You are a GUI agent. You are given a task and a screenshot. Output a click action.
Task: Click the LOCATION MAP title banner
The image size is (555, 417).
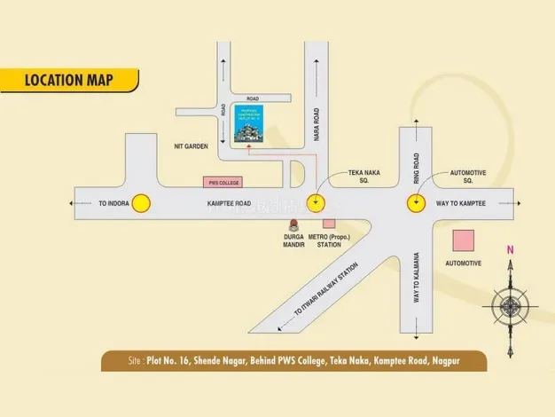pyautogui.click(x=68, y=80)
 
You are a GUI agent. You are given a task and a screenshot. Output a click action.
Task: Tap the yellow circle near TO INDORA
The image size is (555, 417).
pyautogui.click(x=140, y=203)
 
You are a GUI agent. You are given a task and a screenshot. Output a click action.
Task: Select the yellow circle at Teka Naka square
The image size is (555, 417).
pyautogui.click(x=315, y=203)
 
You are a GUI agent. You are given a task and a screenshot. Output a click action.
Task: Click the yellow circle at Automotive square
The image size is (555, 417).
pyautogui.click(x=415, y=203)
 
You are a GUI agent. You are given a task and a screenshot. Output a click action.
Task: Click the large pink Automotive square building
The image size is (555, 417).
pyautogui.click(x=462, y=240)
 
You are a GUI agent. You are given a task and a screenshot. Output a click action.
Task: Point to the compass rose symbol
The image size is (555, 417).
pyautogui.click(x=510, y=307)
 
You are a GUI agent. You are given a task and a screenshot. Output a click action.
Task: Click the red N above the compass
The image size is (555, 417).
pyautogui.click(x=510, y=251)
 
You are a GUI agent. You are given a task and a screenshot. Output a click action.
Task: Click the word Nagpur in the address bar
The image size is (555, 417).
pyautogui.click(x=465, y=361)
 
